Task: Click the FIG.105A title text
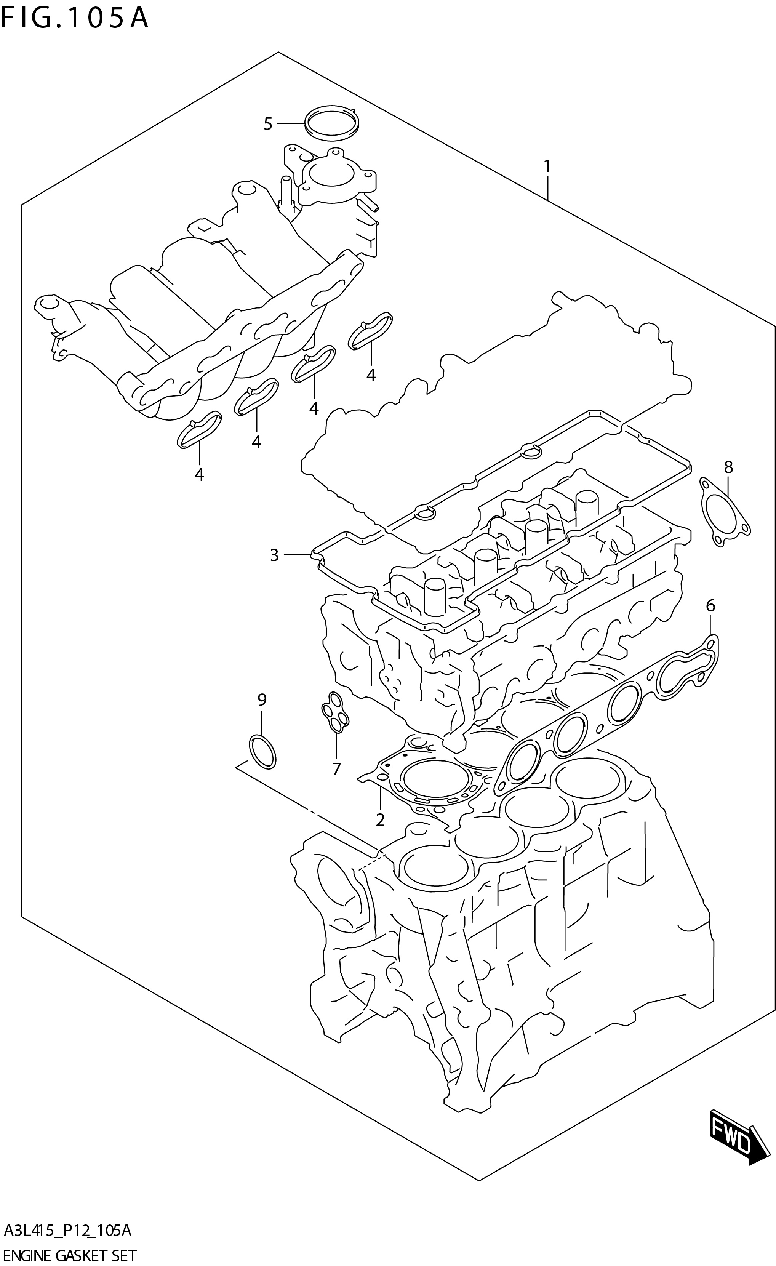point(75,19)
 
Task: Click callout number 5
point(267,124)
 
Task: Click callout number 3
point(274,555)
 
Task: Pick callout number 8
point(728,467)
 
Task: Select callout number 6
point(710,606)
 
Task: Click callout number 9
point(262,699)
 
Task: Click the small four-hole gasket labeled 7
point(334,712)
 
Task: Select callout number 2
point(380,820)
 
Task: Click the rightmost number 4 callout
point(371,376)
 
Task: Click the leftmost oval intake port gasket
point(199,429)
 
